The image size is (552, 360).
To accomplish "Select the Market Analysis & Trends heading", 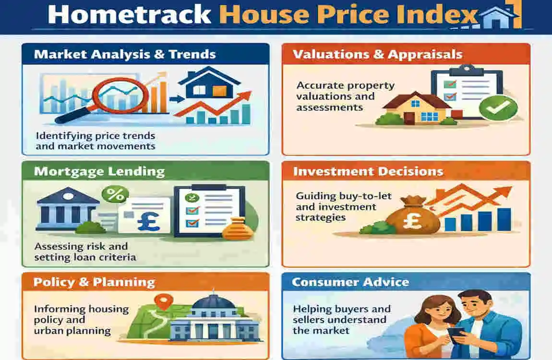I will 125,54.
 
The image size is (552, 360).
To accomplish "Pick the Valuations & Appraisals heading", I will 377,54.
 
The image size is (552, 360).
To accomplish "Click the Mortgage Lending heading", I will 99,171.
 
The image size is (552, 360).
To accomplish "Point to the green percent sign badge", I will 115,195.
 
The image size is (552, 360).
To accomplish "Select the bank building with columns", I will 67,209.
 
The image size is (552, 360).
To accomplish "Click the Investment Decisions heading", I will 368,171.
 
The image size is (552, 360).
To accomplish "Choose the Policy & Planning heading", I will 94,282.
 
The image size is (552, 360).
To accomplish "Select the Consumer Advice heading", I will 350,282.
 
